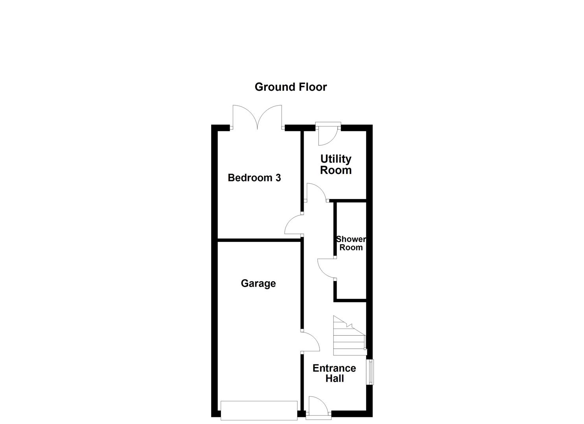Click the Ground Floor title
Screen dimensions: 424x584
tap(291, 87)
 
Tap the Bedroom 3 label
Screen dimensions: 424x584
tap(254, 178)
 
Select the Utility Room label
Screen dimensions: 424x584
tap(335, 164)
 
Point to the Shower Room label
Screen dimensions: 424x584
tap(351, 243)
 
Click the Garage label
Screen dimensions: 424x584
tap(258, 283)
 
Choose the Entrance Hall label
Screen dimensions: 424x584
tap(334, 373)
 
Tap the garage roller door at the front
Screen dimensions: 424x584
tap(259, 410)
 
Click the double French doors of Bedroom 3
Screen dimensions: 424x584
tap(257, 117)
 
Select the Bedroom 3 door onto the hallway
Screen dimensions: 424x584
tap(293, 225)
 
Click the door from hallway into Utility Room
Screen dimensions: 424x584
tap(316, 192)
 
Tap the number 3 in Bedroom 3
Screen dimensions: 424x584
tap(278, 178)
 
